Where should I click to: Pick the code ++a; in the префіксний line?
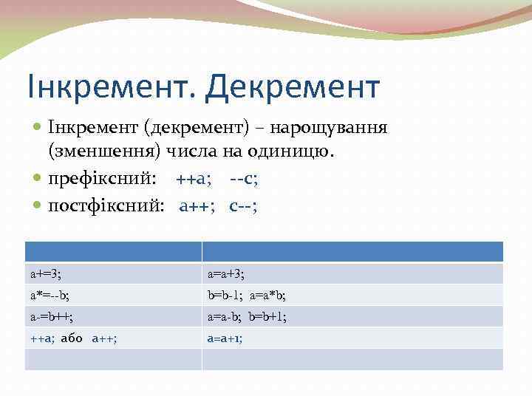point(194,180)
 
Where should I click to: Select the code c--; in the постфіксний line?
point(243,205)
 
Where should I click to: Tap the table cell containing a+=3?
point(113,274)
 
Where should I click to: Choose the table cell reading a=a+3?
point(352,274)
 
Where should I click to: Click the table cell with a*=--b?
point(113,296)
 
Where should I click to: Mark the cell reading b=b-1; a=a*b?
point(352,296)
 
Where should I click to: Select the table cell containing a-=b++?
point(113,317)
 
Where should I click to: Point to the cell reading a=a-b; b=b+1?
point(352,317)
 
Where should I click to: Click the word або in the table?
point(72,338)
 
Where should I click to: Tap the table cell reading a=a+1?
point(352,338)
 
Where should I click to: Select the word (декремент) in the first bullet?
point(188,128)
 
